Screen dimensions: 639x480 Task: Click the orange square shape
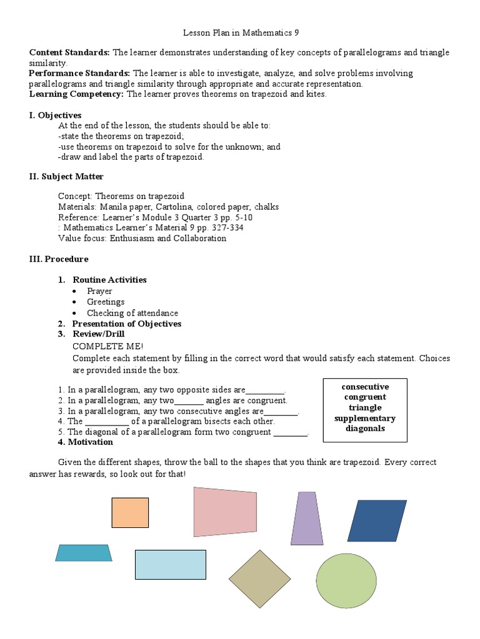130,512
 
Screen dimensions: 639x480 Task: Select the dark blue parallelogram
377,520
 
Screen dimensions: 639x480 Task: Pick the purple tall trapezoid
307,518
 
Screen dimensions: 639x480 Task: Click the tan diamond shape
259,578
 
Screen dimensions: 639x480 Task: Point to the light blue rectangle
170,564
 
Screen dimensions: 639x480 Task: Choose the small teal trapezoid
84,553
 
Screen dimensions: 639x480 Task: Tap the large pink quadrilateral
225,512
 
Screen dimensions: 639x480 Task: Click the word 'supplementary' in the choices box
365,418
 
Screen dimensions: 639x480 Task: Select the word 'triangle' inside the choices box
365,407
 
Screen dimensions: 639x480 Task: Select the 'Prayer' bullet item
99,291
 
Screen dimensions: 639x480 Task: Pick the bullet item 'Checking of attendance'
132,313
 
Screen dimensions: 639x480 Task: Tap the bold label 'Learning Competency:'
77,94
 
